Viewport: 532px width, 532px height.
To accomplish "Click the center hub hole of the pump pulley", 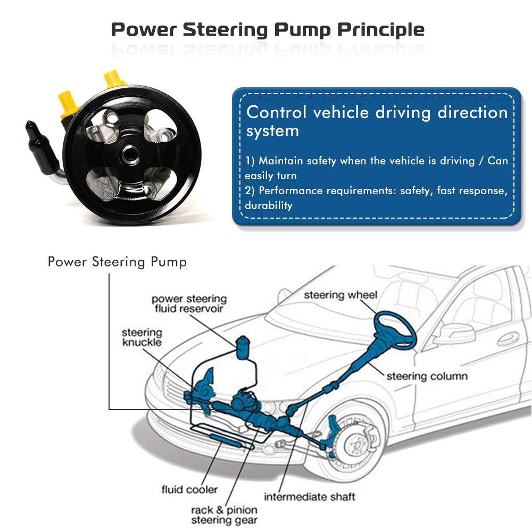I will (x=131, y=155).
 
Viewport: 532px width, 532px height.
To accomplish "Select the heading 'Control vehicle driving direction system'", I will (x=377, y=121).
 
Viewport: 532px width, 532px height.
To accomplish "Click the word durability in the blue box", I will (x=268, y=205).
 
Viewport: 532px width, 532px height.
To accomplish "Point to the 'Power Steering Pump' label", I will (x=117, y=262).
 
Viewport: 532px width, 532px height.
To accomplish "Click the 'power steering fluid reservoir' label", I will (x=189, y=303).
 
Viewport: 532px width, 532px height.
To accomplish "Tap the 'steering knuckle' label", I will (x=142, y=337).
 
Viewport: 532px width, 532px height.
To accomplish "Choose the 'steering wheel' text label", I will (x=340, y=295).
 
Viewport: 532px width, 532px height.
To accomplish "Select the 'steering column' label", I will (x=427, y=376).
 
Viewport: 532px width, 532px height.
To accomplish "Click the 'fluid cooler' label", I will (x=189, y=489).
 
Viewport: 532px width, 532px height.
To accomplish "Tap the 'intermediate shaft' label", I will (x=309, y=497).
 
